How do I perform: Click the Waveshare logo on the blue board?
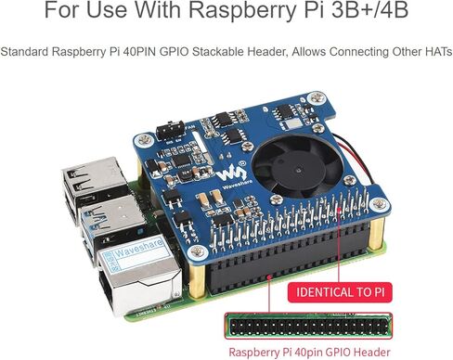236,174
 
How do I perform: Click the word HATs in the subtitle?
435,53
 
